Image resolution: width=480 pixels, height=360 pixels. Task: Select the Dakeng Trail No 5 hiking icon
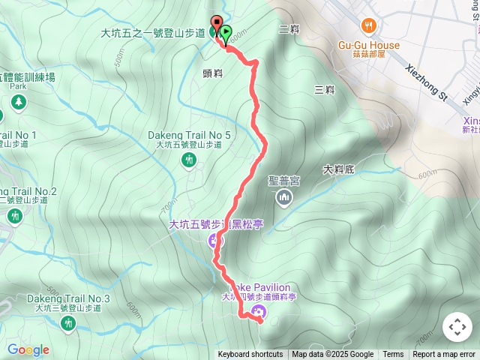pos(189,160)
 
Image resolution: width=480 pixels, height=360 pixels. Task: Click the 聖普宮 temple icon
pos(283,197)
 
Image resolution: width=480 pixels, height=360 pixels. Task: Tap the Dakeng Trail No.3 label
pos(68,298)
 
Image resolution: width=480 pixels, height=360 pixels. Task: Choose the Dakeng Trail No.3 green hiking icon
pos(69,323)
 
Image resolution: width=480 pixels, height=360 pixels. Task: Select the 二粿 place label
pos(288,29)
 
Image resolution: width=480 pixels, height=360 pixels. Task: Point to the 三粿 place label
pos(324,90)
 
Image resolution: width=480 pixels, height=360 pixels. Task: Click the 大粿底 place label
pos(338,169)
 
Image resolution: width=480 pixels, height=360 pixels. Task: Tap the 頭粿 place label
pos(213,73)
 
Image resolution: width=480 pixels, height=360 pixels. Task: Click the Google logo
pos(28,349)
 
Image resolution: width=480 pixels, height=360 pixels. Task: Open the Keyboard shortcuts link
pos(250,355)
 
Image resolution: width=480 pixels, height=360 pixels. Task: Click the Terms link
pos(393,355)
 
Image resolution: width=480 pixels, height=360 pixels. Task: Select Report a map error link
pos(444,355)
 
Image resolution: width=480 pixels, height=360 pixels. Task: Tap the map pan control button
pos(457,327)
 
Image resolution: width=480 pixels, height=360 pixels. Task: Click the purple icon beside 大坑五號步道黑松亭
pos(214,241)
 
